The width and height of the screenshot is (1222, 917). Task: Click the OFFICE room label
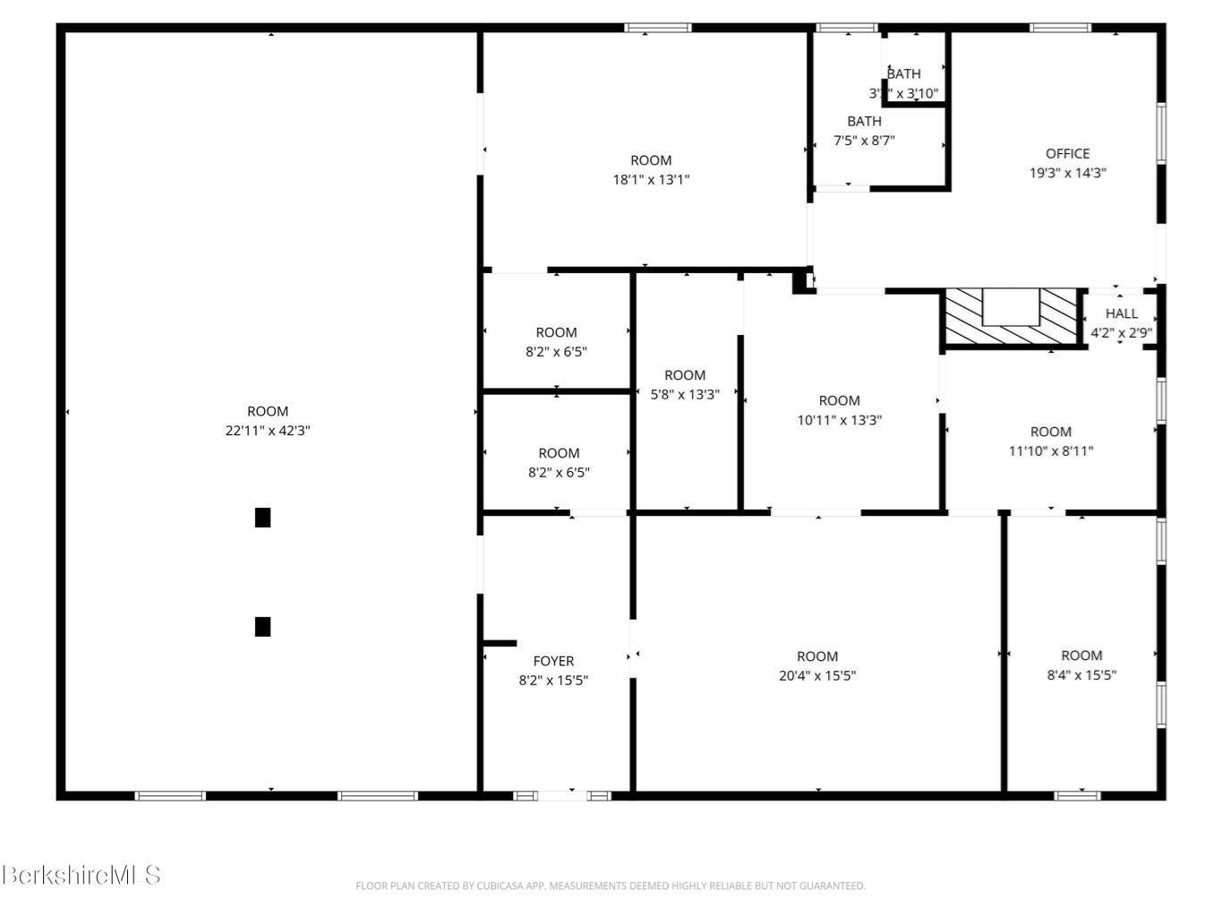(x=1067, y=153)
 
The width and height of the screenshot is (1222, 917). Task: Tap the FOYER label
(x=553, y=661)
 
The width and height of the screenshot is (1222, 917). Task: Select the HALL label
(x=1121, y=313)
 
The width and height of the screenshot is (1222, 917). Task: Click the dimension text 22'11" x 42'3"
(x=268, y=431)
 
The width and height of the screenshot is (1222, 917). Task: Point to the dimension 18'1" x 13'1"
(x=651, y=179)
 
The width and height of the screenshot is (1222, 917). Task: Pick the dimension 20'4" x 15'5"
(x=817, y=676)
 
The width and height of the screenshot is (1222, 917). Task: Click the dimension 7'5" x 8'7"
(x=864, y=140)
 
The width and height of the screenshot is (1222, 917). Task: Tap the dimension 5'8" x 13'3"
(x=685, y=394)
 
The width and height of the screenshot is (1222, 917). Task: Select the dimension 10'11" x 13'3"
(x=839, y=419)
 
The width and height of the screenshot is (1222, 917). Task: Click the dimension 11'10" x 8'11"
(x=1051, y=450)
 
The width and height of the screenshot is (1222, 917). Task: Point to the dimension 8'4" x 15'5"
(x=1081, y=675)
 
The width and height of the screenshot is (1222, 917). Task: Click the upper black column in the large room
(x=262, y=518)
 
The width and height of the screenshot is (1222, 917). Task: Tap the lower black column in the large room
(x=262, y=626)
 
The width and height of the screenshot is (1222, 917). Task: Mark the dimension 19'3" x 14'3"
(x=1067, y=173)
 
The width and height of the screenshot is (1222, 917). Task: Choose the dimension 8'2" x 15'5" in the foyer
(x=553, y=681)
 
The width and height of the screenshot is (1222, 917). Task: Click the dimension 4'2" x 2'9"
(x=1121, y=332)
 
